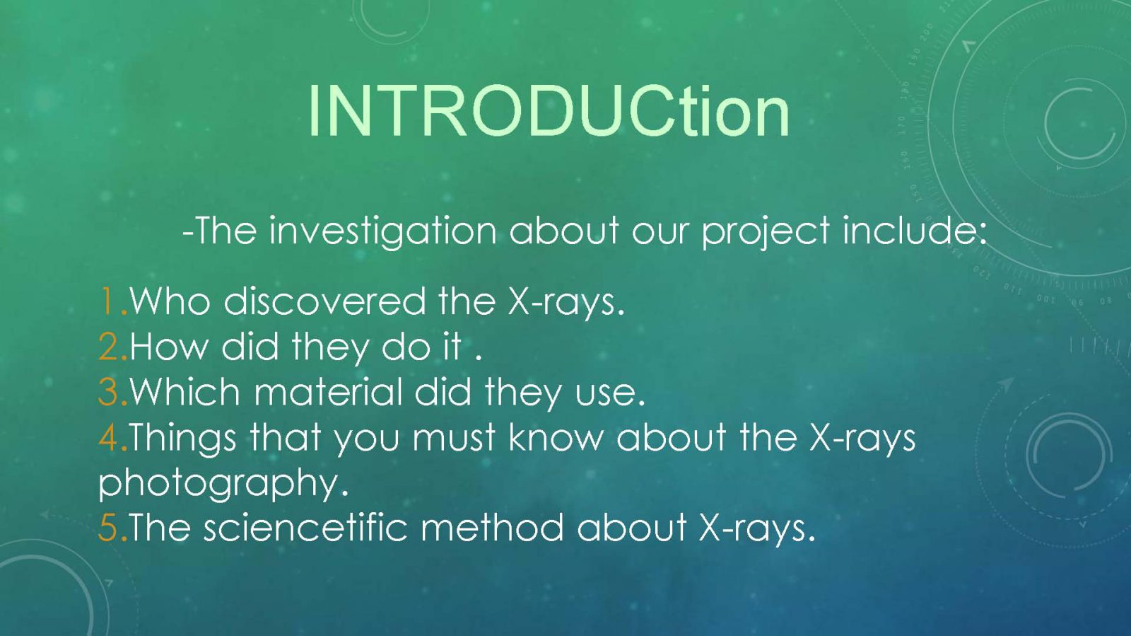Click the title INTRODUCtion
click(549, 110)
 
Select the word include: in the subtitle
click(915, 231)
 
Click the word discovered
click(325, 301)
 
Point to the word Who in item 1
click(170, 302)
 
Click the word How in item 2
click(169, 347)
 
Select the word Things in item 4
click(183, 439)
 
